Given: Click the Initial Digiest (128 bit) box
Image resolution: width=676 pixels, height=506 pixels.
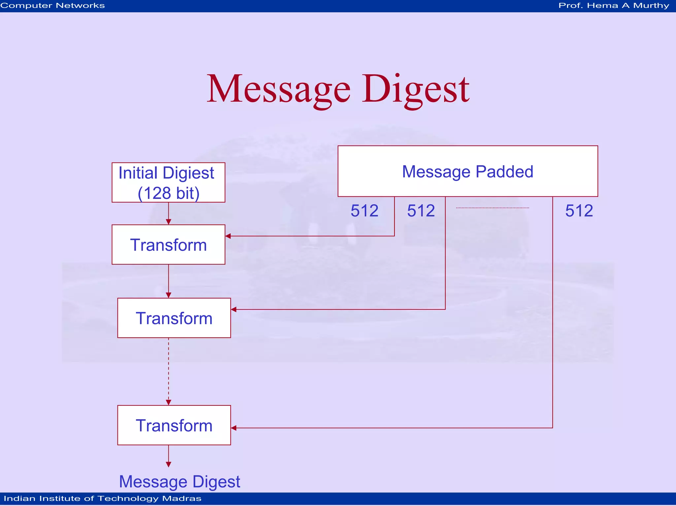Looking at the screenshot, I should coord(168,182).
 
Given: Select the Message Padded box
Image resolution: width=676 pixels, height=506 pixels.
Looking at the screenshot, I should coord(467,171).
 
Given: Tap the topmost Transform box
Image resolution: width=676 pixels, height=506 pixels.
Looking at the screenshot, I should coord(168,244).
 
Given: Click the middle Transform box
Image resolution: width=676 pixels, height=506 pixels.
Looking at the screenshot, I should coord(174,318).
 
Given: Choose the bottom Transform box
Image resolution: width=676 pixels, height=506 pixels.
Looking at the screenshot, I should coord(174,425).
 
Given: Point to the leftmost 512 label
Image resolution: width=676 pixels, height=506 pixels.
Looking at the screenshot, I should coord(364,210).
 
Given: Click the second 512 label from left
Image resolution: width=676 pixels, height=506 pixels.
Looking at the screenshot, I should coord(421,210).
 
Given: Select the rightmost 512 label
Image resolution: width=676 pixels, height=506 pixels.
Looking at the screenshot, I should coord(579,210).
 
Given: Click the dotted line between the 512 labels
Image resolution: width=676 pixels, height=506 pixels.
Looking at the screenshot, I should coord(492,208).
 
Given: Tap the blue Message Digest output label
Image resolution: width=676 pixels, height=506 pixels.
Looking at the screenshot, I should coord(180,481).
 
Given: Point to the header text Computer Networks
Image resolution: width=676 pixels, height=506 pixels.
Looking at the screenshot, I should coord(53,6).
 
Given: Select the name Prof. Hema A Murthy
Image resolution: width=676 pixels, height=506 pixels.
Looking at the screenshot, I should coord(614,6).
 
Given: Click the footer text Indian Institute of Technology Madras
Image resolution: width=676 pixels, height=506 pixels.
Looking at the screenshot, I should coord(102,498).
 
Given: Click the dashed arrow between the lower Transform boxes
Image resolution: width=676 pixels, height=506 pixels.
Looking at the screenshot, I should coord(168,371).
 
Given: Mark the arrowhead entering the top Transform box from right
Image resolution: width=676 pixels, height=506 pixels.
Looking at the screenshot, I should coord(228,236).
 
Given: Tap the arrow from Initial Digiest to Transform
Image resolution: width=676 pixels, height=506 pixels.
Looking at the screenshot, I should coord(168,213).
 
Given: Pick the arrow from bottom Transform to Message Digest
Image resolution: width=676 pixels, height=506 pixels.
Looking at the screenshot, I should coord(168,456).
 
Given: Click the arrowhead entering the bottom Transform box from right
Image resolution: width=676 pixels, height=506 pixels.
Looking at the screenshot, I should coord(234,428).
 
